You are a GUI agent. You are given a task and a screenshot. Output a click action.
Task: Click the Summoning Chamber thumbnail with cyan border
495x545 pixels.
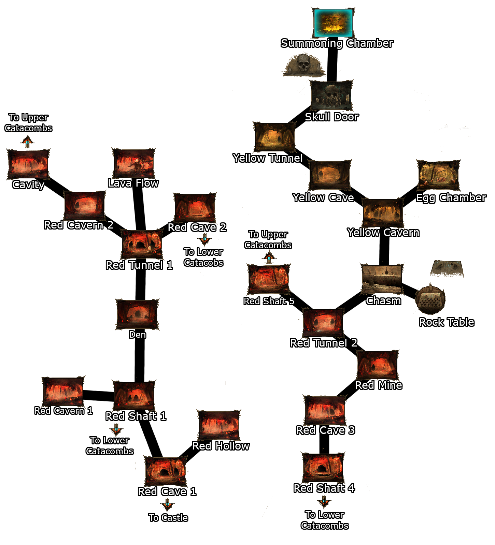(x=333, y=23)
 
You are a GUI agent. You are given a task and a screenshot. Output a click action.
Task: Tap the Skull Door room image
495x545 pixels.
(x=331, y=95)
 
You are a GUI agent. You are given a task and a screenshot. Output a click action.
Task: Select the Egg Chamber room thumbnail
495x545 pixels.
(x=439, y=175)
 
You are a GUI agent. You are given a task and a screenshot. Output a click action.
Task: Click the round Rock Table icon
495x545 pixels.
(x=430, y=300)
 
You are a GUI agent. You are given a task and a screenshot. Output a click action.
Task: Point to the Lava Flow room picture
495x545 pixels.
(x=133, y=163)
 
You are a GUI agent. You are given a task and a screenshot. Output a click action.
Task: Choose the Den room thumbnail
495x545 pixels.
(x=137, y=314)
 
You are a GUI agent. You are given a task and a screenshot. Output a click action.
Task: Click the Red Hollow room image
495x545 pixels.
(x=219, y=426)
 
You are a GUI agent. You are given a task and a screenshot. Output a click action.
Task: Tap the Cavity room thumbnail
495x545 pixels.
(x=28, y=164)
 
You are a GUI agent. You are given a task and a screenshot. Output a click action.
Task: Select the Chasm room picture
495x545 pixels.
(x=382, y=279)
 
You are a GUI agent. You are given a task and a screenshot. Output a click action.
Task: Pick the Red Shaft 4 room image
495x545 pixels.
(x=323, y=468)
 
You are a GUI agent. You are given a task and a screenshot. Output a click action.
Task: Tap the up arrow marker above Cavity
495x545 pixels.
(x=27, y=142)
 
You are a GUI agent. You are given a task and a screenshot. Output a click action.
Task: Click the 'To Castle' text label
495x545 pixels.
(x=168, y=518)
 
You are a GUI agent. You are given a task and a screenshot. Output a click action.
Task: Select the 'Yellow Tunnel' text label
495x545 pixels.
(x=268, y=158)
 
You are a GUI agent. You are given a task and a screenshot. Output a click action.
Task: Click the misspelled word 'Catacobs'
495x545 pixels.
(x=203, y=263)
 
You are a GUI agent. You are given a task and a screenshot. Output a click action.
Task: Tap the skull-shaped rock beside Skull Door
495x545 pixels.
(x=303, y=65)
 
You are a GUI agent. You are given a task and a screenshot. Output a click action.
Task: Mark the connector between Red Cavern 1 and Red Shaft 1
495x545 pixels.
(x=98, y=396)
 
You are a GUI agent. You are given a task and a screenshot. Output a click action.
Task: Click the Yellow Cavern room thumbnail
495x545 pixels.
(x=383, y=213)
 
